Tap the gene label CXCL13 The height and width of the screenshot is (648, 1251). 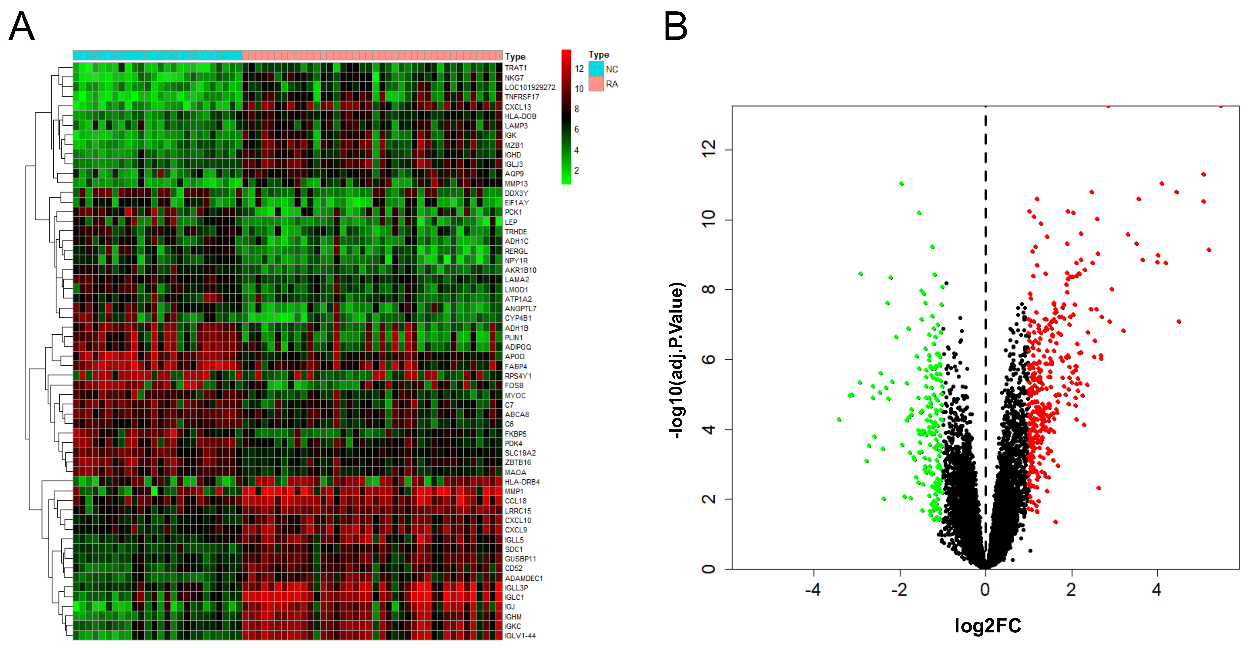(x=518, y=107)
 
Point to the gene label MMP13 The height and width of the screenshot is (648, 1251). (x=516, y=184)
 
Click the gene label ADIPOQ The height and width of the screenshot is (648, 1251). (x=518, y=347)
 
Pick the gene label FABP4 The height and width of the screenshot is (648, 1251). (x=516, y=366)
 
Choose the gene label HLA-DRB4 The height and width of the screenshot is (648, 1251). (x=522, y=482)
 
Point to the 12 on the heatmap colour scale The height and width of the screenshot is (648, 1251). (x=579, y=68)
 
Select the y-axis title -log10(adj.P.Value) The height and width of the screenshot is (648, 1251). (x=676, y=361)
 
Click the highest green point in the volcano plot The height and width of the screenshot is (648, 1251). (x=901, y=184)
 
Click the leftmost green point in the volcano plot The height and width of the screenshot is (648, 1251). (x=839, y=419)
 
